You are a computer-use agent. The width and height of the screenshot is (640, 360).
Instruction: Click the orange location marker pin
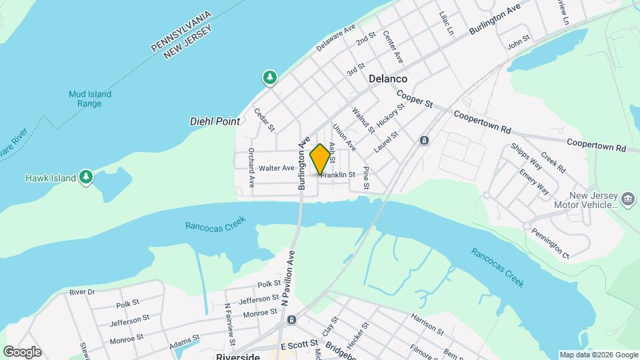(x=321, y=159)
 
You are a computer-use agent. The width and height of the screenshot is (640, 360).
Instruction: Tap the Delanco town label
(x=388, y=79)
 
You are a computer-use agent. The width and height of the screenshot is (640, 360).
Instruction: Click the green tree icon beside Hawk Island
(x=85, y=177)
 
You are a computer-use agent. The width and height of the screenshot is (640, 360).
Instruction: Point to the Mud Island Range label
(x=90, y=99)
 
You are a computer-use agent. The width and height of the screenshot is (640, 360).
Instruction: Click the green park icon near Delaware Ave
(x=270, y=79)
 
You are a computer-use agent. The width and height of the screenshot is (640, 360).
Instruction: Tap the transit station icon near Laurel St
(x=423, y=141)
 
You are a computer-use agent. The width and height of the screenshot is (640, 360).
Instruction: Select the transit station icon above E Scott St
(x=291, y=320)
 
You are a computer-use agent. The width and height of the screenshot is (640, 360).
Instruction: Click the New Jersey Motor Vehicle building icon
(x=627, y=199)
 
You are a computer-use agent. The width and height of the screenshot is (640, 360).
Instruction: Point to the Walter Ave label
(x=277, y=168)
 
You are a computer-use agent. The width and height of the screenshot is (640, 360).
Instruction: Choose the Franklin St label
(x=339, y=175)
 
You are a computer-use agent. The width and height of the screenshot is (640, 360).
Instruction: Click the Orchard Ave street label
(x=252, y=167)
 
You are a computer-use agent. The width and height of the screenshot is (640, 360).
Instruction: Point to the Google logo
(x=22, y=351)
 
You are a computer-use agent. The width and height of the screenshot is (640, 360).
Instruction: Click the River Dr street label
(x=82, y=292)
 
